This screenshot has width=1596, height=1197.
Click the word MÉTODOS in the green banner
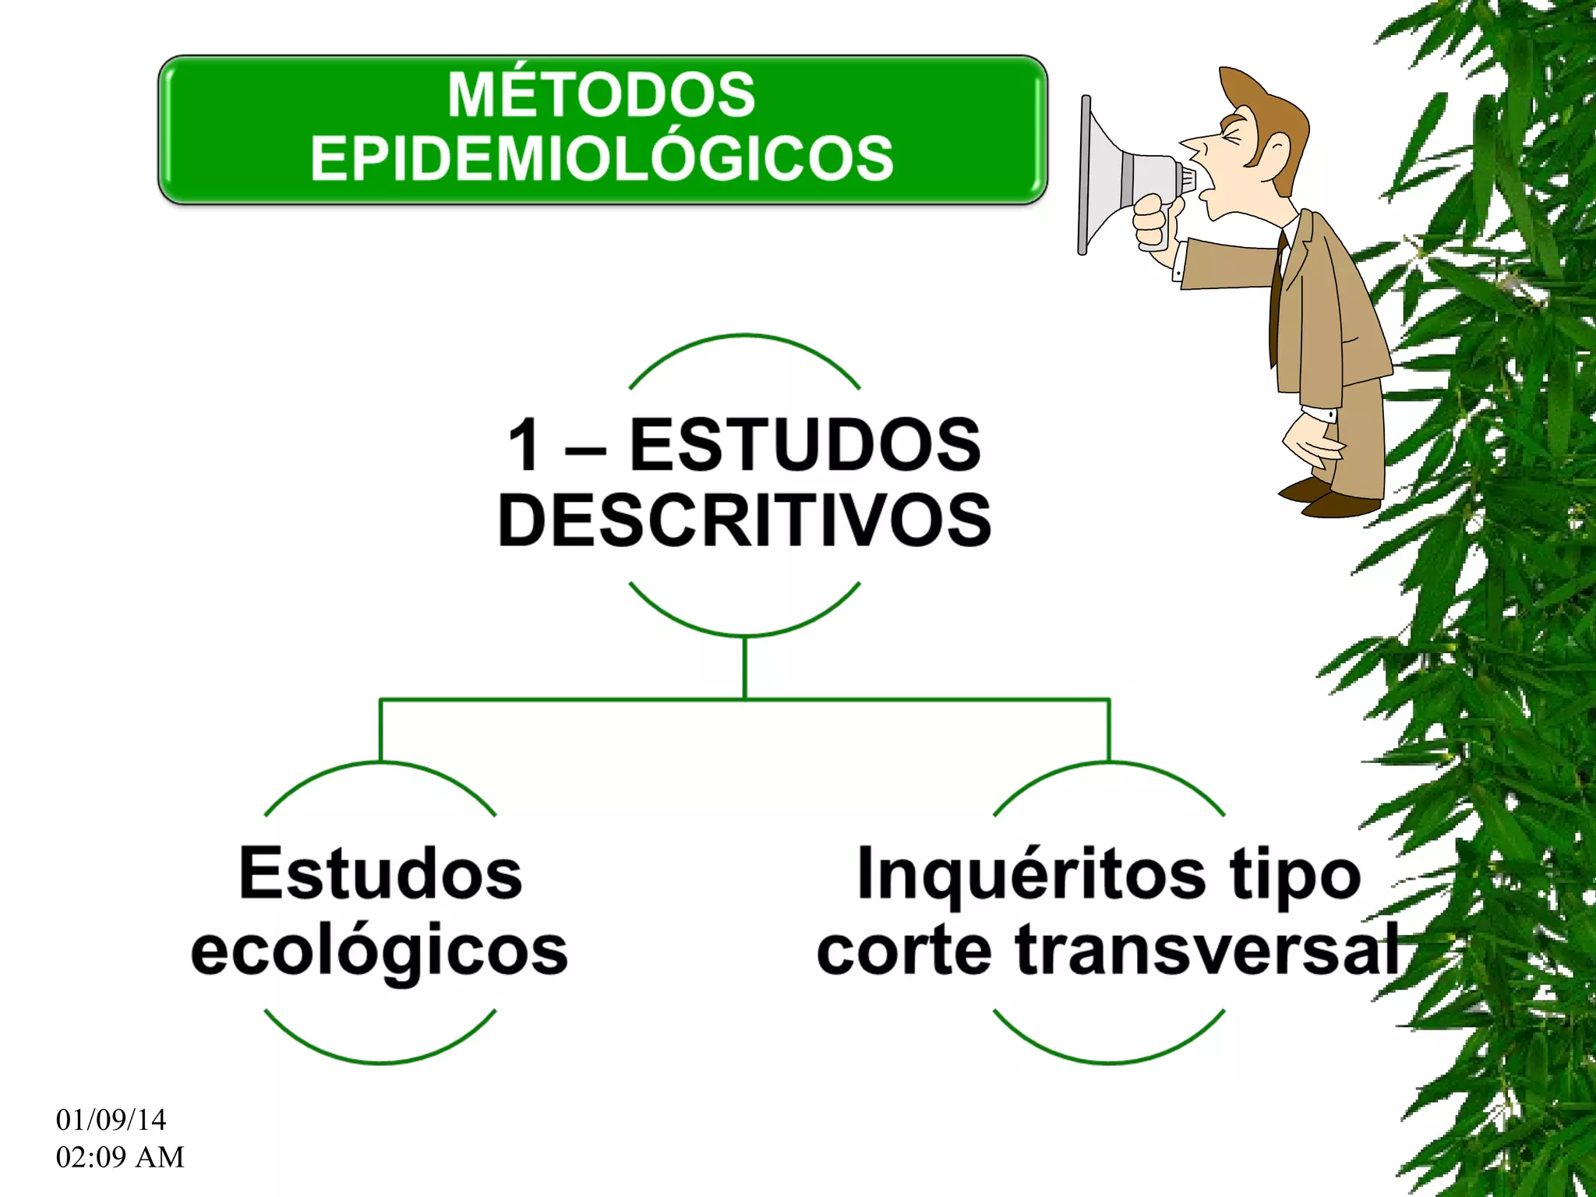click(x=601, y=95)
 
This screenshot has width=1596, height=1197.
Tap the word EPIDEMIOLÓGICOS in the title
click(x=601, y=159)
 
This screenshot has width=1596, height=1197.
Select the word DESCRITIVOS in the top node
click(x=744, y=521)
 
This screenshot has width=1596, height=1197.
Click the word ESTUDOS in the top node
click(x=805, y=445)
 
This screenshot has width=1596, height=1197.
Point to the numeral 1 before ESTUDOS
click(x=525, y=445)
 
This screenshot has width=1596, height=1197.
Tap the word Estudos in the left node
click(x=380, y=874)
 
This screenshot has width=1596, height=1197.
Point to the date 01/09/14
click(x=111, y=1120)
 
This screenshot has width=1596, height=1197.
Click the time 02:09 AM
click(x=120, y=1157)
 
